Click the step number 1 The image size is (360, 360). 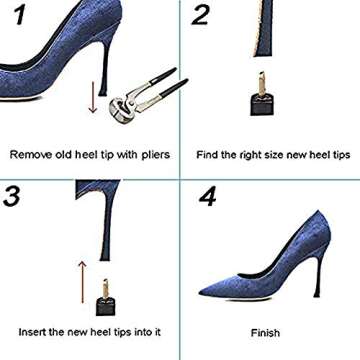point(18,18)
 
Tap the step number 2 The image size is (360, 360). point(201,16)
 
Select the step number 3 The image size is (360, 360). point(14,195)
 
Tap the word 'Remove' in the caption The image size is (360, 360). point(31,155)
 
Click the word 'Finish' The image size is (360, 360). point(265,333)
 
